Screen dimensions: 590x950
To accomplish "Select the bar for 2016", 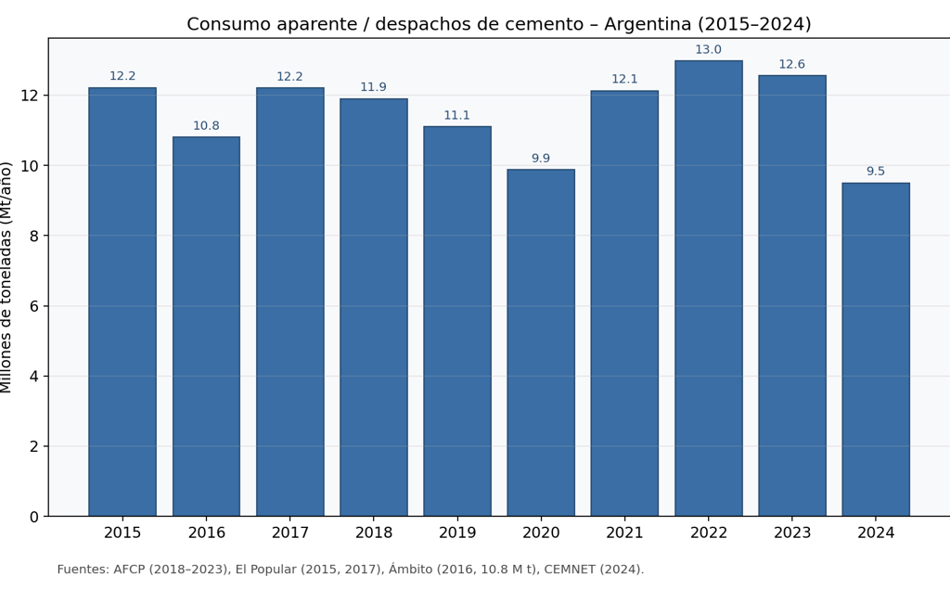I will (x=206, y=327).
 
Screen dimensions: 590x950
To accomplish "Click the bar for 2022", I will (x=709, y=289).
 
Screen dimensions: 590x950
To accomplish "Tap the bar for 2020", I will (x=541, y=342).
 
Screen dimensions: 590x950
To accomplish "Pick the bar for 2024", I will (x=876, y=349).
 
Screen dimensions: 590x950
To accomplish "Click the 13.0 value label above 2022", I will (x=709, y=50).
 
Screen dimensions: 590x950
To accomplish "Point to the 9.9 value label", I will (x=541, y=159).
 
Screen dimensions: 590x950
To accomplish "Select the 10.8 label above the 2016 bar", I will (x=206, y=126).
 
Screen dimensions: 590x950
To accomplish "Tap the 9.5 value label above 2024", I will (x=876, y=172).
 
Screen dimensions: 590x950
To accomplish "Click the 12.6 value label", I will (x=792, y=65).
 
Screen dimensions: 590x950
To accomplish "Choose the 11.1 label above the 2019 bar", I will (x=457, y=116).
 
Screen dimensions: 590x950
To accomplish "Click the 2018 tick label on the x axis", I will (x=374, y=533).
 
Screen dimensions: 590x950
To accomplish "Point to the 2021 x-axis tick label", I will (x=624, y=533).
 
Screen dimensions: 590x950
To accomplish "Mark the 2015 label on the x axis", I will (x=122, y=533).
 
